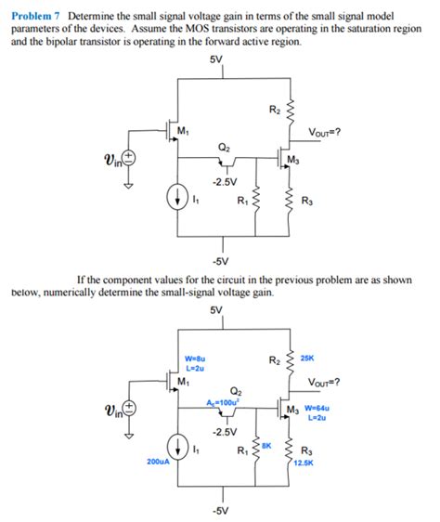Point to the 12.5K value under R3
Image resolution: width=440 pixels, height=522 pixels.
pos(305,462)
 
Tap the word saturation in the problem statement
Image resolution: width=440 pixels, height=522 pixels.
pos(340,30)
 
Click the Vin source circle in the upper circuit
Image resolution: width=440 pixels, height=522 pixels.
pos(130,159)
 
